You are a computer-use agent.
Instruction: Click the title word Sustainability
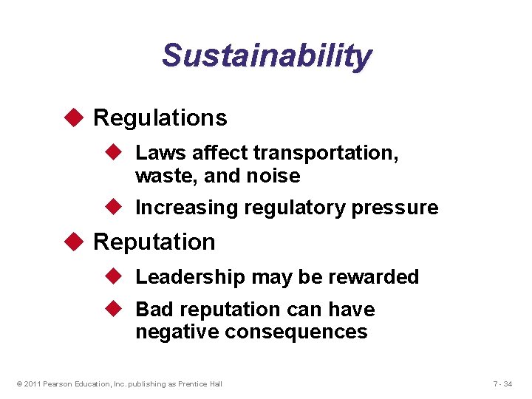coord(267,56)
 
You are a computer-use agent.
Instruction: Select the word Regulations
coord(160,117)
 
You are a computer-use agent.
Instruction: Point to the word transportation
coord(326,153)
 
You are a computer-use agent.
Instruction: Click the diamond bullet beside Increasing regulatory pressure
coord(114,208)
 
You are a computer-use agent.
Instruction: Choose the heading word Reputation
coord(154,242)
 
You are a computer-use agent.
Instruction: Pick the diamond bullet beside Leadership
coord(114,276)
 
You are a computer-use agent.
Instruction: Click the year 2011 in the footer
coord(33,383)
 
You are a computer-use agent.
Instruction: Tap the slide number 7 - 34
coord(502,383)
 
